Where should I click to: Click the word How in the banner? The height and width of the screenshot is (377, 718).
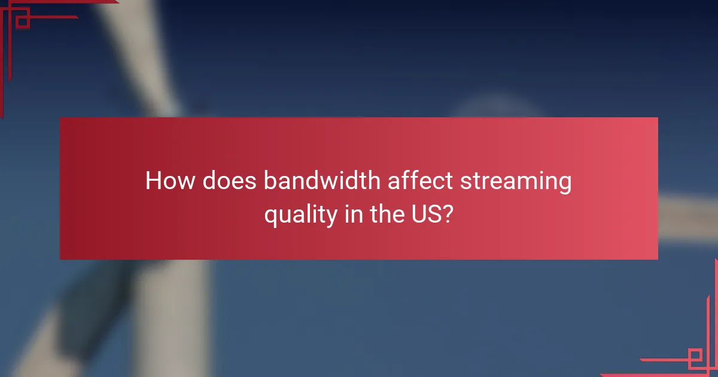tap(169, 181)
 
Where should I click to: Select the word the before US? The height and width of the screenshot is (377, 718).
tap(387, 214)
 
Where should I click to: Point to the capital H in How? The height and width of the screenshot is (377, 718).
tap(154, 181)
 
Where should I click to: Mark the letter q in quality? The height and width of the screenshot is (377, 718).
tap(271, 216)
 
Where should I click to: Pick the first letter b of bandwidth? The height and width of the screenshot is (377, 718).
tap(269, 181)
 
